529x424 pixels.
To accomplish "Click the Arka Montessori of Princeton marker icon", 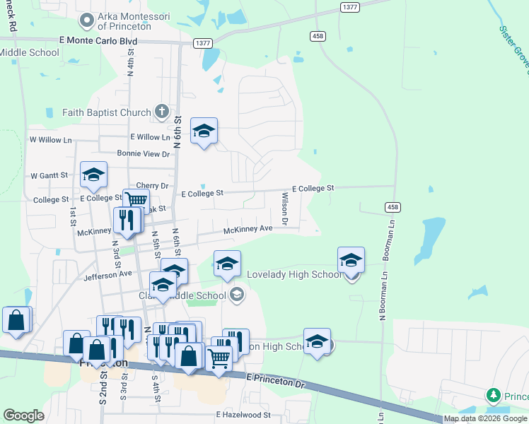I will (x=88, y=20).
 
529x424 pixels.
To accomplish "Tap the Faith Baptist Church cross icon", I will (x=162, y=112).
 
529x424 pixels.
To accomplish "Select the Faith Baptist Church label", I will (x=106, y=112).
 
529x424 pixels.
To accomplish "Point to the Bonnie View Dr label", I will (x=144, y=153).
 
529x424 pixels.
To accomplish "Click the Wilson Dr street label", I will (x=285, y=209).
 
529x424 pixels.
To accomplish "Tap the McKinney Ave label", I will (x=248, y=229).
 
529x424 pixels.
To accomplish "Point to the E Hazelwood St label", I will (x=243, y=415).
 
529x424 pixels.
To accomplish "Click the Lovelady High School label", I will (x=293, y=274).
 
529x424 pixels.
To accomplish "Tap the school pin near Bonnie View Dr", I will (x=204, y=131).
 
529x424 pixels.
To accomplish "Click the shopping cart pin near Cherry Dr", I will (x=136, y=201).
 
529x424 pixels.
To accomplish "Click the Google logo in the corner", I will (x=23, y=416).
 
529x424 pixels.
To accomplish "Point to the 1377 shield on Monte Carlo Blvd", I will (x=202, y=43).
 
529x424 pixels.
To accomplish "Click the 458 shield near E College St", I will (x=393, y=206).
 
